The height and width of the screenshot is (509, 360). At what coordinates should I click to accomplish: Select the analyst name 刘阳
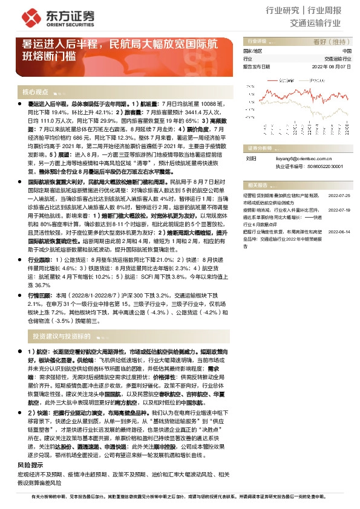tap(250, 156)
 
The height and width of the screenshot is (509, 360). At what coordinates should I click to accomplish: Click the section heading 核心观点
tap(35, 92)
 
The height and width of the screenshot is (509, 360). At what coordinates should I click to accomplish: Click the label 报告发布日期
tap(257, 67)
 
